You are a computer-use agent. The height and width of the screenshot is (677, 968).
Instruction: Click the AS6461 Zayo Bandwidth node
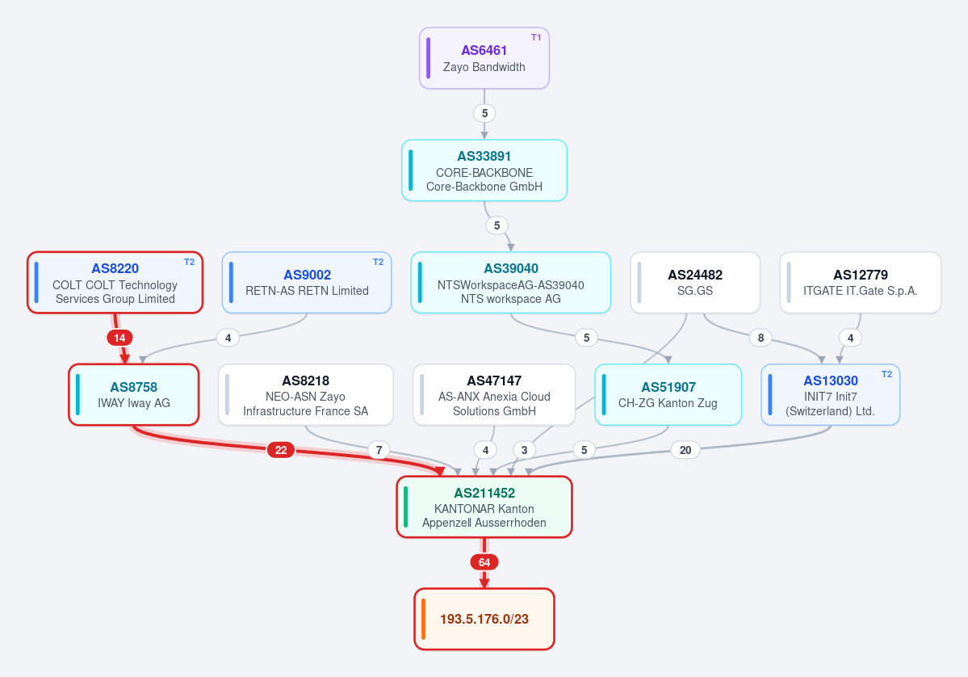pos(484,58)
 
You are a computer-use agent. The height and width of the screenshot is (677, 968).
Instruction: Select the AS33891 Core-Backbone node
pos(484,170)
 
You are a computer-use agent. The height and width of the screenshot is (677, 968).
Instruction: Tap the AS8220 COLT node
pos(115,283)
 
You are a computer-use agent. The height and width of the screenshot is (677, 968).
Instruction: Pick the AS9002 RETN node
pos(307,283)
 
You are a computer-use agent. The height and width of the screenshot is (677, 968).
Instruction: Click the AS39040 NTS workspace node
pos(510,283)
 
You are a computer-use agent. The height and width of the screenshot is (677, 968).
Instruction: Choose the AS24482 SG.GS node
pos(695,283)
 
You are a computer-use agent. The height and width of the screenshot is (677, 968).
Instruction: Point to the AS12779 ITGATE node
pos(861,283)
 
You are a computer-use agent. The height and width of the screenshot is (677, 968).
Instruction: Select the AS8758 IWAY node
pos(133,395)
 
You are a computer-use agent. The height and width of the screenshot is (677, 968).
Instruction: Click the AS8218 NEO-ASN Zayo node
pos(306,395)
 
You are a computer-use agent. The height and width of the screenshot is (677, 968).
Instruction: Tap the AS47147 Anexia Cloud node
pos(494,395)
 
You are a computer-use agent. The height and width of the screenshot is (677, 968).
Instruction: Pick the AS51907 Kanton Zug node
pos(668,395)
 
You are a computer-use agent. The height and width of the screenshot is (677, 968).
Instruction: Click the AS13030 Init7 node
pos(830,395)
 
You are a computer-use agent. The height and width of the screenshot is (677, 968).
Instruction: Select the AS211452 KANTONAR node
pos(484,507)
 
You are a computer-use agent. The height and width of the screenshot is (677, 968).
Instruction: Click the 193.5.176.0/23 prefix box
pos(484,619)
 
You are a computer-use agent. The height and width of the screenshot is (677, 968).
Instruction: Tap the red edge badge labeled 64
pos(484,563)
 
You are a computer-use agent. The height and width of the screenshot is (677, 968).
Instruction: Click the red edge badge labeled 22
pos(281,450)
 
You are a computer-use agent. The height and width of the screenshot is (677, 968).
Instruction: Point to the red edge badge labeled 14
pos(119,338)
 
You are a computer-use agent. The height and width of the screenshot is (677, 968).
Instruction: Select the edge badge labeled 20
pos(685,450)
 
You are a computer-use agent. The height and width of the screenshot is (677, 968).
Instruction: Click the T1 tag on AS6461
pos(536,38)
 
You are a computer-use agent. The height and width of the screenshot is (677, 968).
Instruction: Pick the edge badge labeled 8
pos(761,338)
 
